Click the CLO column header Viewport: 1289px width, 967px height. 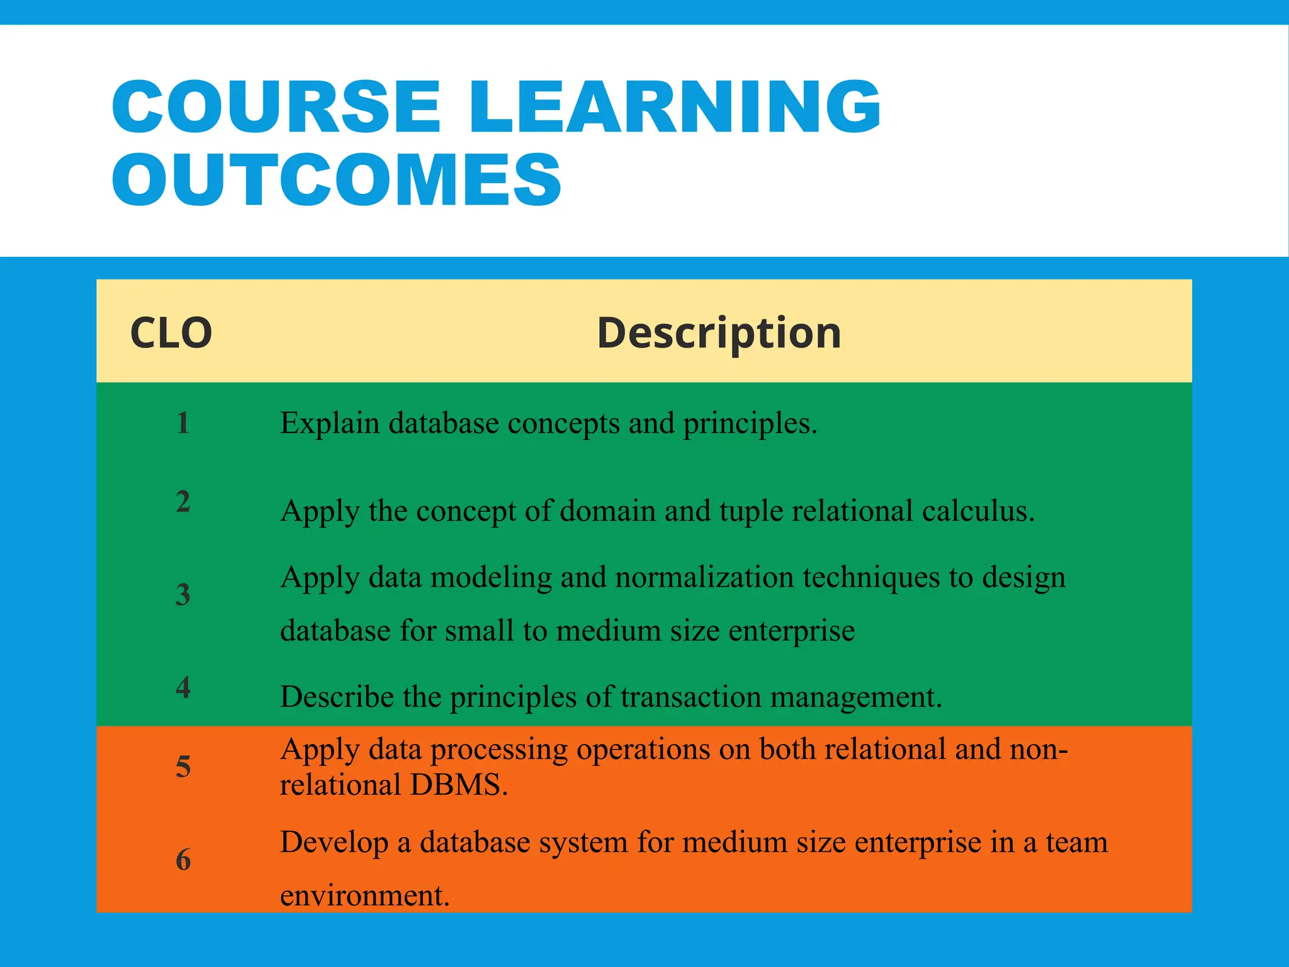pyautogui.click(x=171, y=332)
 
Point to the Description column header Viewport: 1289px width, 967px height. pyautogui.click(x=719, y=332)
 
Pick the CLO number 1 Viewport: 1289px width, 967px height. pyautogui.click(x=183, y=422)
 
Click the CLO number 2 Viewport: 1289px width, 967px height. pyautogui.click(x=183, y=502)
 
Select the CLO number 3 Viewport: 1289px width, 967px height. pyautogui.click(x=183, y=594)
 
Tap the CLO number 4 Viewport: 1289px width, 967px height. pyautogui.click(x=183, y=687)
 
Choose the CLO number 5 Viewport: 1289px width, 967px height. pyautogui.click(x=183, y=767)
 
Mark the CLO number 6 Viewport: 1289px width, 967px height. pyautogui.click(x=183, y=859)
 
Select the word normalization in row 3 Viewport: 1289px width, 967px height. pyautogui.click(x=704, y=577)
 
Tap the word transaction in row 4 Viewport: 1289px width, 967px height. pyautogui.click(x=690, y=697)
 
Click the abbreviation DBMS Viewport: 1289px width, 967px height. pyautogui.click(x=459, y=785)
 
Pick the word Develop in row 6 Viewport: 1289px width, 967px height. pyautogui.click(x=334, y=843)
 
